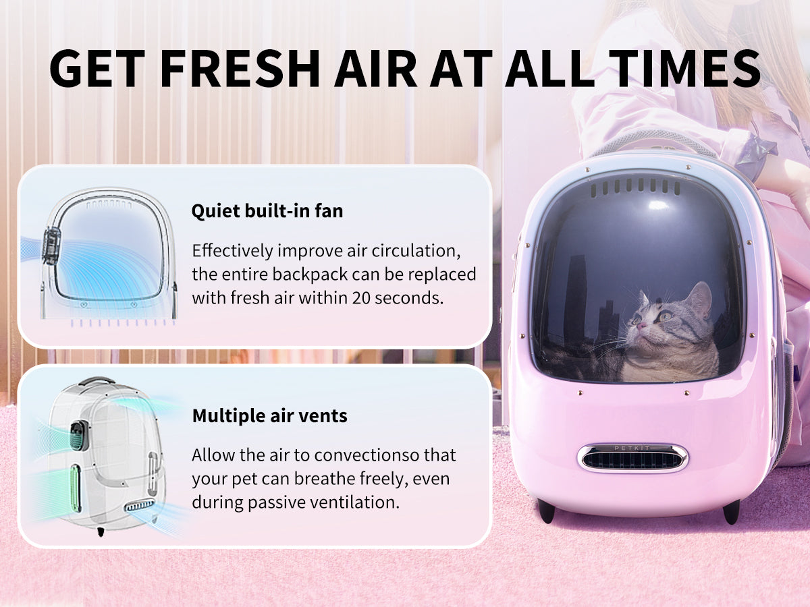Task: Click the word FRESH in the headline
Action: coord(240,69)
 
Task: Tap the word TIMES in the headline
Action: coord(685,69)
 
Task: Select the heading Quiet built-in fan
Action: coord(267,211)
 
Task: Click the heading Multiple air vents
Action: coord(270,415)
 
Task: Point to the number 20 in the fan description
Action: coord(360,298)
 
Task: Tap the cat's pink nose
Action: coord(642,325)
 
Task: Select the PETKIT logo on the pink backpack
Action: coord(632,448)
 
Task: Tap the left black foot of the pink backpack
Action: coord(546,511)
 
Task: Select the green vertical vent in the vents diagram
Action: coord(75,488)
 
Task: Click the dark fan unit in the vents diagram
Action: coord(80,435)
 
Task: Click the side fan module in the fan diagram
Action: coord(51,245)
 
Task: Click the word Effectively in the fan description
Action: coord(232,251)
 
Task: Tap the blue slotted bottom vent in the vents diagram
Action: coord(140,505)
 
